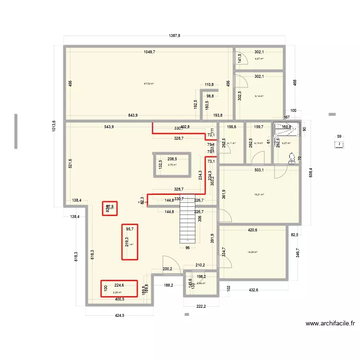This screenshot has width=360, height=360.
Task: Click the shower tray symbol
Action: pos(287,129)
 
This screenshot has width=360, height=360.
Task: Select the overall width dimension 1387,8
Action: pos(174,36)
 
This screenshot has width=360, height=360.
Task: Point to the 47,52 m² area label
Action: pos(149,84)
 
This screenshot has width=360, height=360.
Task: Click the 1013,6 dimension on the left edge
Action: pos(54,127)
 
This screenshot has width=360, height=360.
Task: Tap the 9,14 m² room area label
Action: pos(259,96)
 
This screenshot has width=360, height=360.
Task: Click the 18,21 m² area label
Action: pos(259,195)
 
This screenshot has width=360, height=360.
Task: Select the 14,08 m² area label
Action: pos(253,252)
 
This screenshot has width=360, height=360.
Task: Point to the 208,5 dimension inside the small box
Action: pos(171,159)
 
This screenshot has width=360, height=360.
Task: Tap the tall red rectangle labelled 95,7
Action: pos(129,242)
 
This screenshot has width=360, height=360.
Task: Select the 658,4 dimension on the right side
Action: pos(311,171)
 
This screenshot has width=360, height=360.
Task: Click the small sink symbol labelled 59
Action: pos(340,144)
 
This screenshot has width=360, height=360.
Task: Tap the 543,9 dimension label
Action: pos(109,127)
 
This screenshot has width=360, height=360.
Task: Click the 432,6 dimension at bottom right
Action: pos(253,290)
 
